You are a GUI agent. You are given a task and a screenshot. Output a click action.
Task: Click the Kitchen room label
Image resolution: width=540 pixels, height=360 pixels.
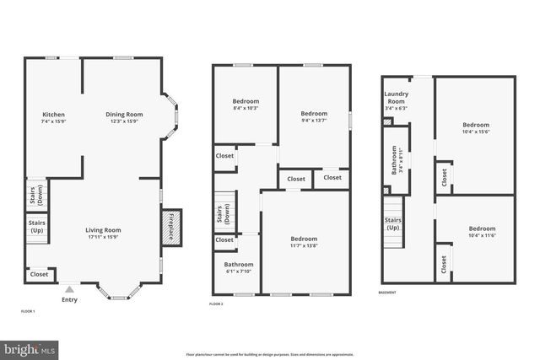coord(54,117)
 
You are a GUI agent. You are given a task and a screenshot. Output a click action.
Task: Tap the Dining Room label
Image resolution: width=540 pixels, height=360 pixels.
coord(124,117)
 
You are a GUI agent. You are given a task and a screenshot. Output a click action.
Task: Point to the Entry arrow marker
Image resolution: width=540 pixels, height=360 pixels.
coord(70,288)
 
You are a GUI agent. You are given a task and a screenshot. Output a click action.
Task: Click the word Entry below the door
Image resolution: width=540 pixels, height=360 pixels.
coord(70,298)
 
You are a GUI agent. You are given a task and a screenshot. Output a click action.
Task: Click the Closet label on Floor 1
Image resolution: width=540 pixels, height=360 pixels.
coord(39,274)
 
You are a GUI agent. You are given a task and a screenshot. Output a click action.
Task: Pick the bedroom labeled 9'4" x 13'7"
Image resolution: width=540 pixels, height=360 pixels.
coord(314,116)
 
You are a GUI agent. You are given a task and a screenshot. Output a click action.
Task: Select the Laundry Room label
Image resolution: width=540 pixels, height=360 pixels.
coord(396,100)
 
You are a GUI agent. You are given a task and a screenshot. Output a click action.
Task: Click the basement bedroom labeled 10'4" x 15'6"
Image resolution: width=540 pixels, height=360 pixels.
coord(475,127)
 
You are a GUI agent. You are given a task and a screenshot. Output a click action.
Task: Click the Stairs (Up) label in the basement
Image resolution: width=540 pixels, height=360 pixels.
coord(393,224)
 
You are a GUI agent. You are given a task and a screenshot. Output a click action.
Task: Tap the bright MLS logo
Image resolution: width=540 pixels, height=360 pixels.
coord(30,347)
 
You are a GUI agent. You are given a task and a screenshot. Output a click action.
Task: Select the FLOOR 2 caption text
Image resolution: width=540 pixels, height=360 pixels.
coord(217,304)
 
